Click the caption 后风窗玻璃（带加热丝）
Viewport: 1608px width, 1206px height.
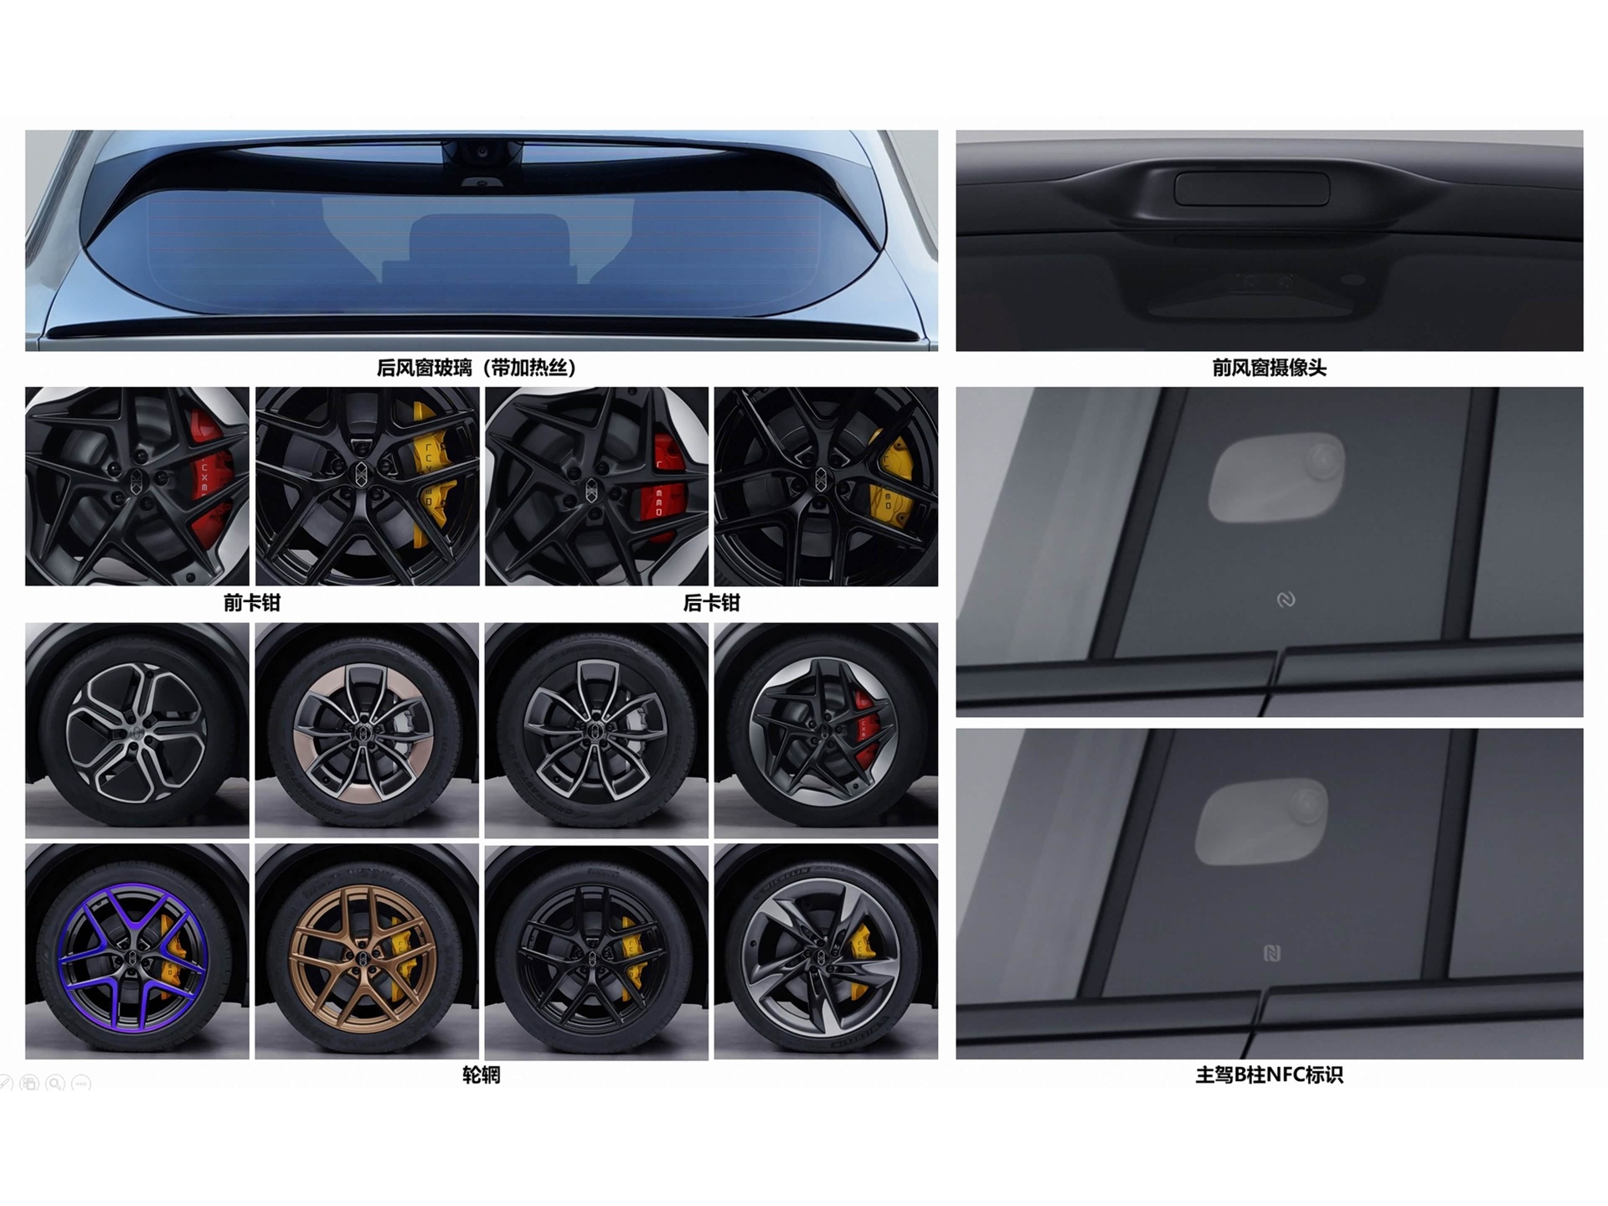pyautogui.click(x=477, y=368)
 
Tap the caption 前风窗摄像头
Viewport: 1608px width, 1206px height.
pyautogui.click(x=1269, y=368)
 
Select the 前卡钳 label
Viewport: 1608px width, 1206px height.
pyautogui.click(x=252, y=603)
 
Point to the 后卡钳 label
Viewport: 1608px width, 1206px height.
pyautogui.click(x=712, y=603)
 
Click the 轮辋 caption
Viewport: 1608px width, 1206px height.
pyautogui.click(x=482, y=1075)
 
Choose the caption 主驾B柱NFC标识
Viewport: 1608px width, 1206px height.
pyautogui.click(x=1269, y=1075)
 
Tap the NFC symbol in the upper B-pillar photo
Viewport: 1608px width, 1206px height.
pyautogui.click(x=1286, y=600)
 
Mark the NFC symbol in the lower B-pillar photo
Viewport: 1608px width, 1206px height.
pyautogui.click(x=1271, y=953)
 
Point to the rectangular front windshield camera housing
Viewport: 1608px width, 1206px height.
pyautogui.click(x=1251, y=189)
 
